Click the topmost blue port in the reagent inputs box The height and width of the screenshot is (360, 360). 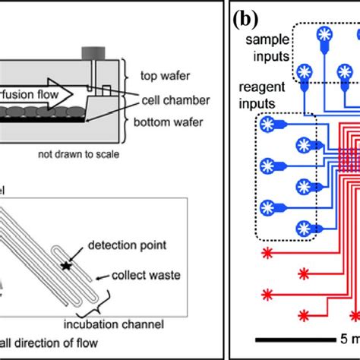[x=267, y=123]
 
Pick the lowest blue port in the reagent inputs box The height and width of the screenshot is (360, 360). [x=304, y=227]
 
